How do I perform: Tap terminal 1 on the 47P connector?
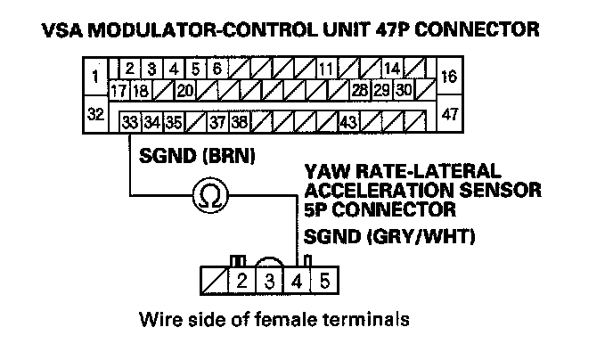[96, 77]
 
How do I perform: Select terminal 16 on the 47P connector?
[449, 77]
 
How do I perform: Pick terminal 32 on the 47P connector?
[96, 114]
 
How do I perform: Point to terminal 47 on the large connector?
[449, 114]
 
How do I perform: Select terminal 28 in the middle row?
[360, 90]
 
